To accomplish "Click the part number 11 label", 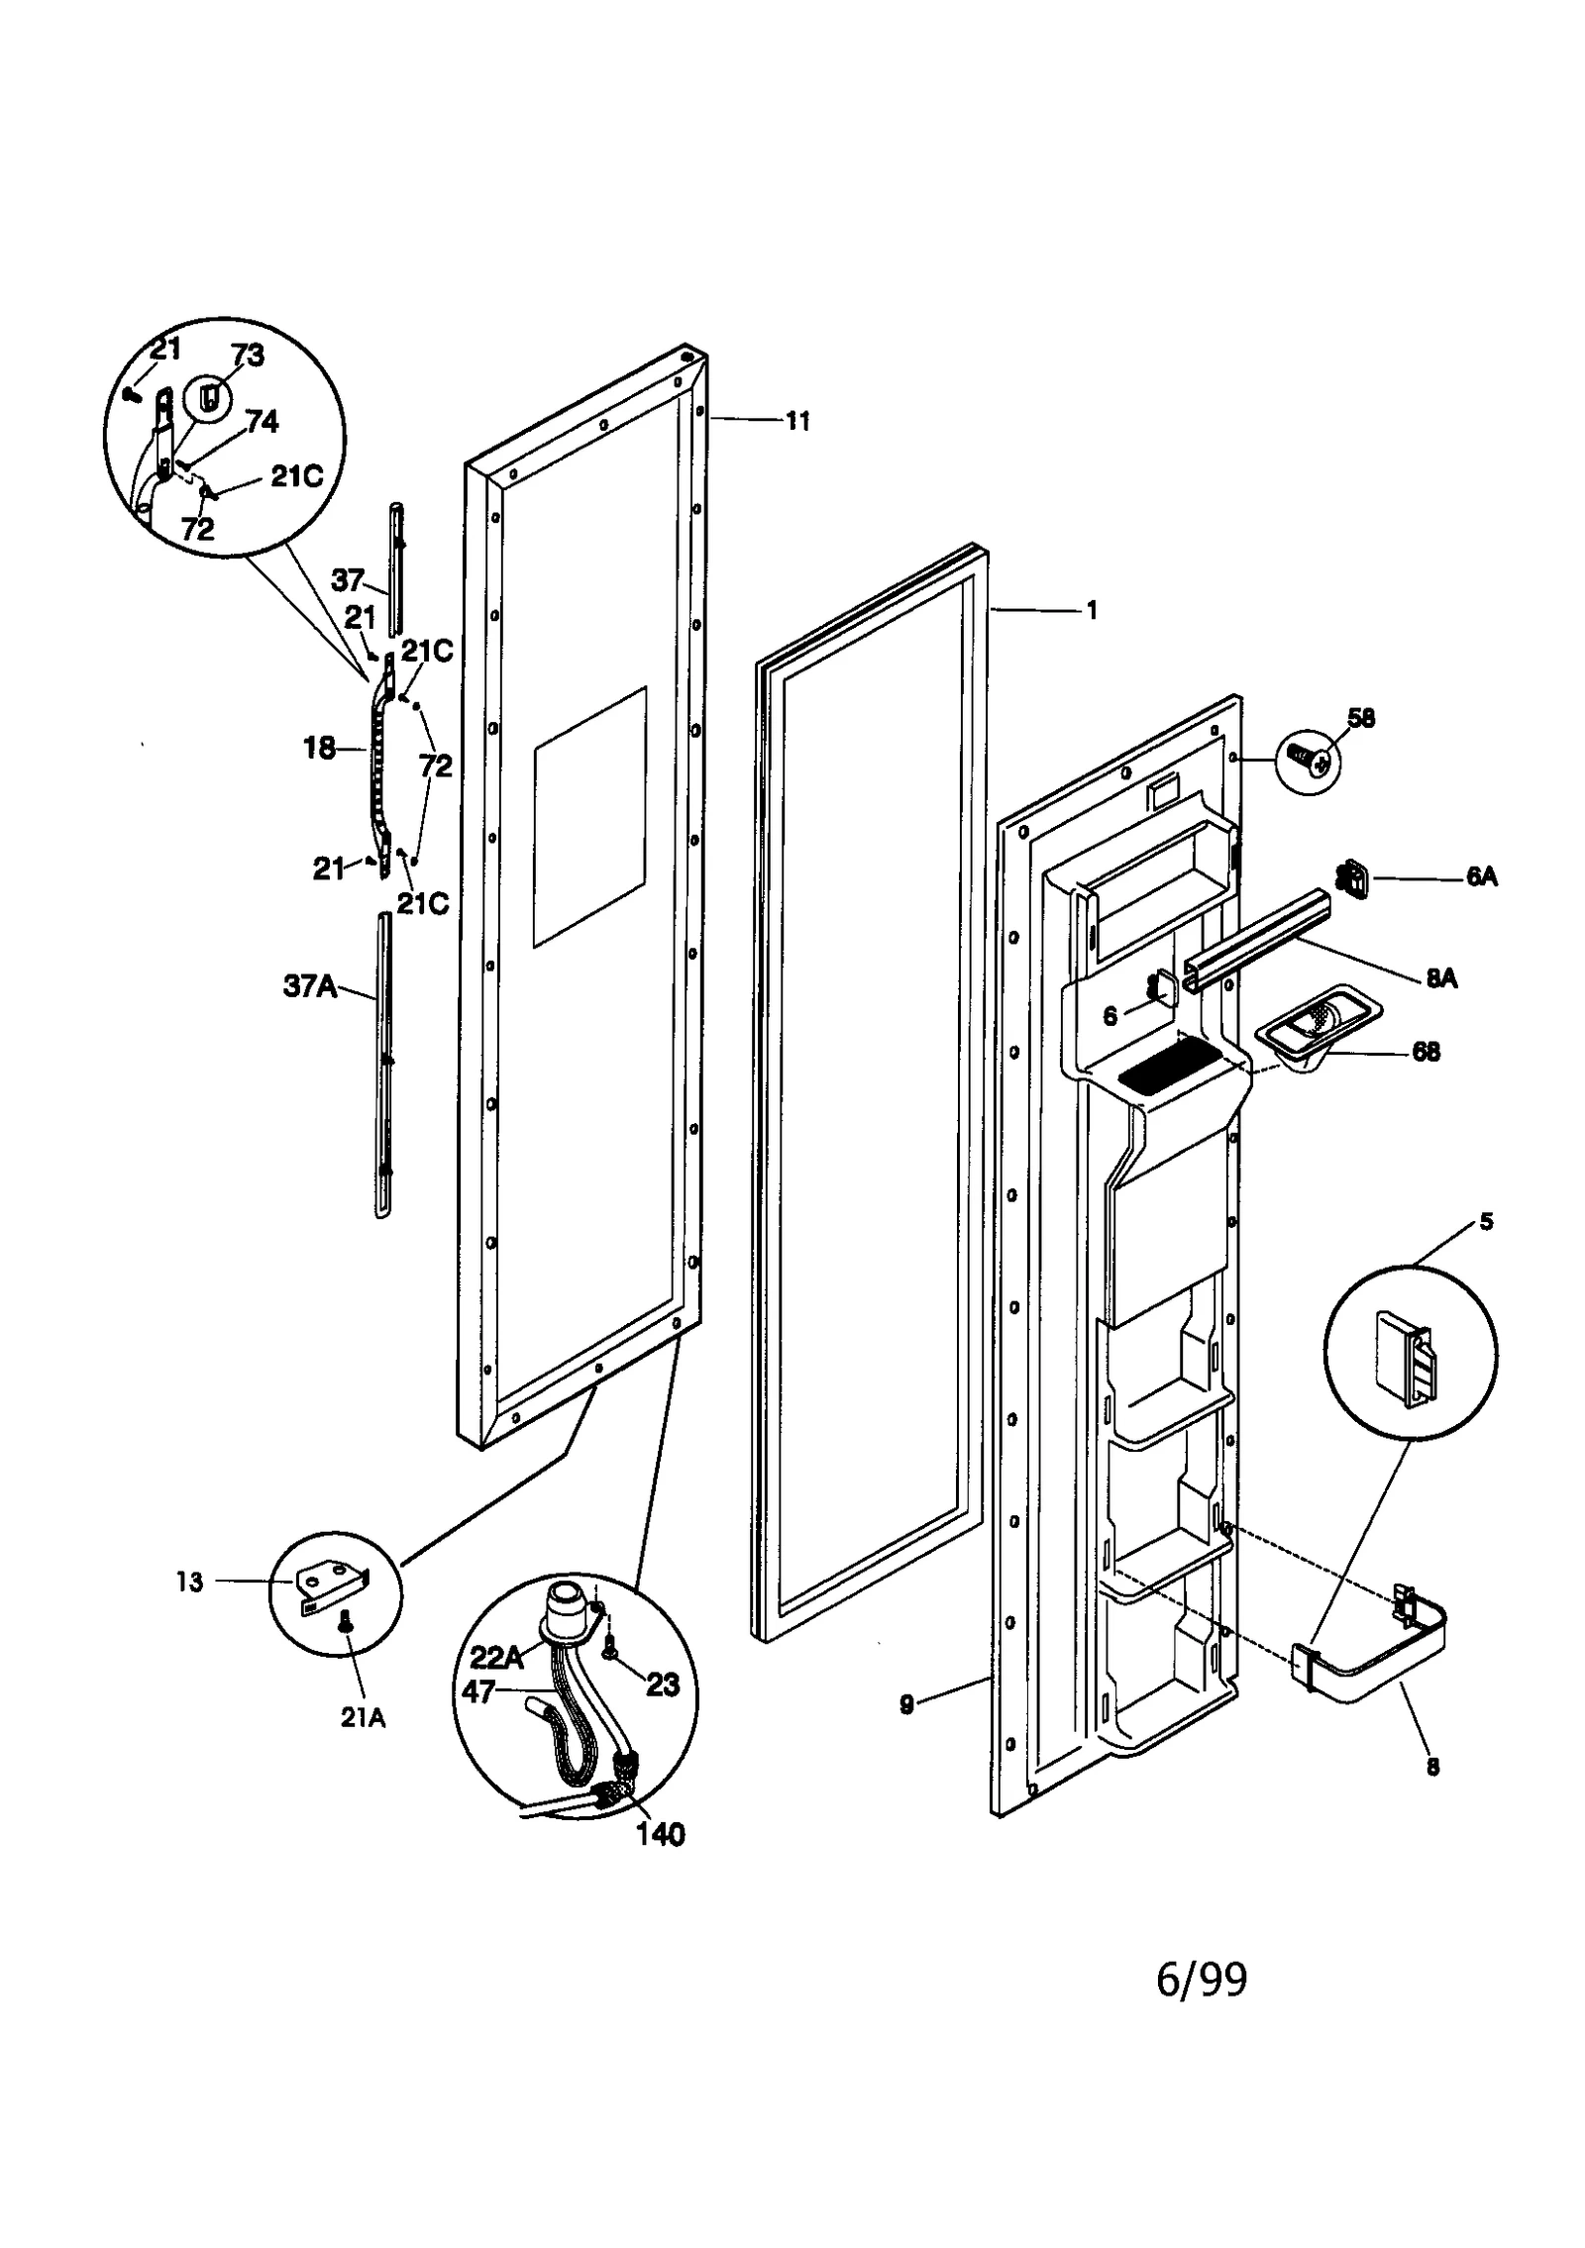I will coord(797,421).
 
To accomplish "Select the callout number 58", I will coord(1361,718).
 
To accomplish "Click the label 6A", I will coord(1481,876).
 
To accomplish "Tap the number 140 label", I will coord(660,1834).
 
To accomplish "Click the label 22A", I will coord(495,1657).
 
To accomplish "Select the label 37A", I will coord(310,986).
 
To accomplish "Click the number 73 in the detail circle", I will coord(248,357).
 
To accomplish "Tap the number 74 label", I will coord(262,423).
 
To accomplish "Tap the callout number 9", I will coord(905,1705).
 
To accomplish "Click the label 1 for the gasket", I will coord(1092,611).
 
